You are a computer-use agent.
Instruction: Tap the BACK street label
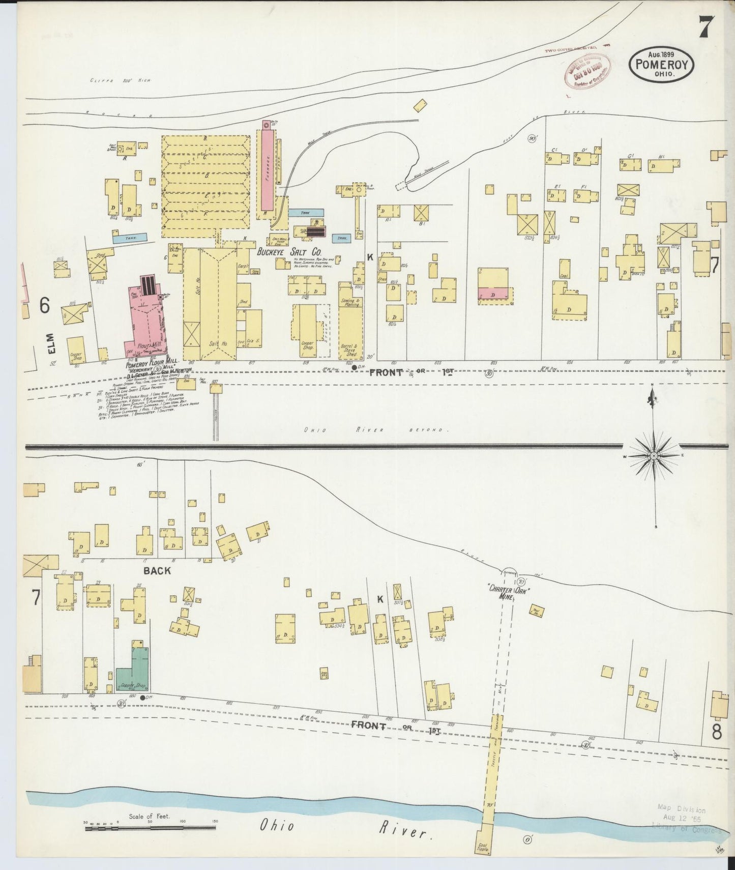157,570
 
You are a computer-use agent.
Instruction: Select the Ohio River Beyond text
374,430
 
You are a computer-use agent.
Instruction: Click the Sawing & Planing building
350,302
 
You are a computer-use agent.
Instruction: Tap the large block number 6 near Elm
44,305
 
